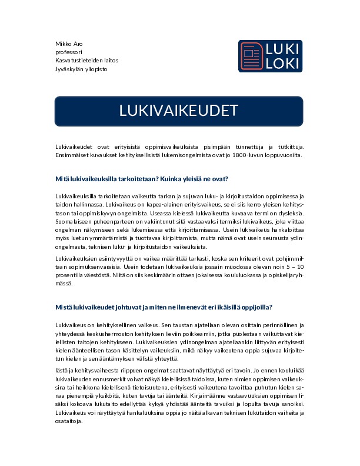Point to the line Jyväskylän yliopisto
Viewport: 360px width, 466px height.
pyautogui.click(x=81, y=69)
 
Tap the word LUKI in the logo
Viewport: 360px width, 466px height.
pyautogui.click(x=282, y=48)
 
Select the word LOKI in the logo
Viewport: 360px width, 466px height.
pyautogui.click(x=282, y=63)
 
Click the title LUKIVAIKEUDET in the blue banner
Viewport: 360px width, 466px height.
pyautogui.click(x=179, y=111)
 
